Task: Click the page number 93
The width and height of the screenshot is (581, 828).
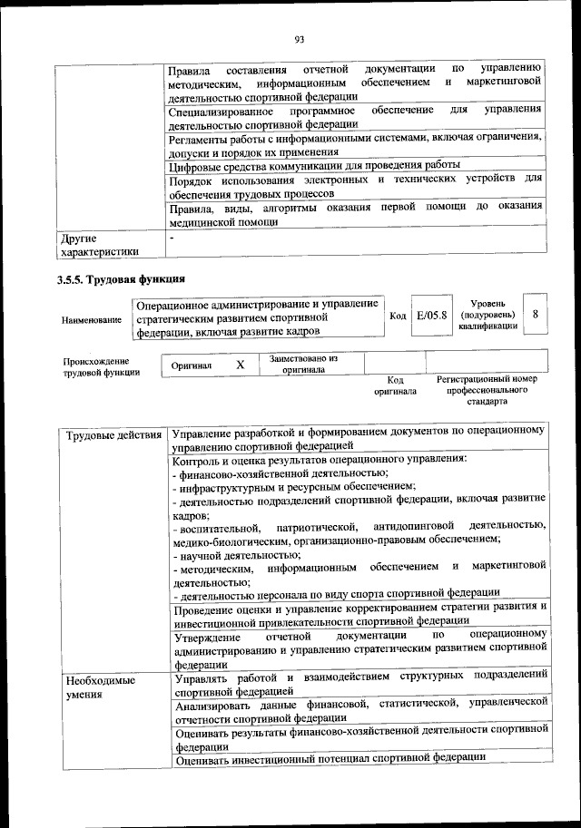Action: tap(299, 37)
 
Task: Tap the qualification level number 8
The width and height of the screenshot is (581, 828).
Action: tap(536, 314)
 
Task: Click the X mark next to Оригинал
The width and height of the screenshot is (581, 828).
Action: tap(240, 365)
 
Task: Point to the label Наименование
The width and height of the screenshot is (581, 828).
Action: tap(92, 320)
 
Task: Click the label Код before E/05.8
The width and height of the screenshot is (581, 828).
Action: tap(398, 315)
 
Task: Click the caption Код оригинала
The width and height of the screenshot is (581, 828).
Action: tap(395, 386)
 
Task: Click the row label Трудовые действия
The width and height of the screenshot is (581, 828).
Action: tap(113, 436)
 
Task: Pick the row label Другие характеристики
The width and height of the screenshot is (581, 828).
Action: tap(100, 246)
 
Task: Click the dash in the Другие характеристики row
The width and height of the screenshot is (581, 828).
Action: tap(172, 237)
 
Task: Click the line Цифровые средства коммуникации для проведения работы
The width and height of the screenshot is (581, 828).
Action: tap(314, 166)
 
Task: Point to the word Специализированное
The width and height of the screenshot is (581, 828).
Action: tap(227, 111)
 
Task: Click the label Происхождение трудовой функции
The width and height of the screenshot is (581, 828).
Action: tap(101, 365)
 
